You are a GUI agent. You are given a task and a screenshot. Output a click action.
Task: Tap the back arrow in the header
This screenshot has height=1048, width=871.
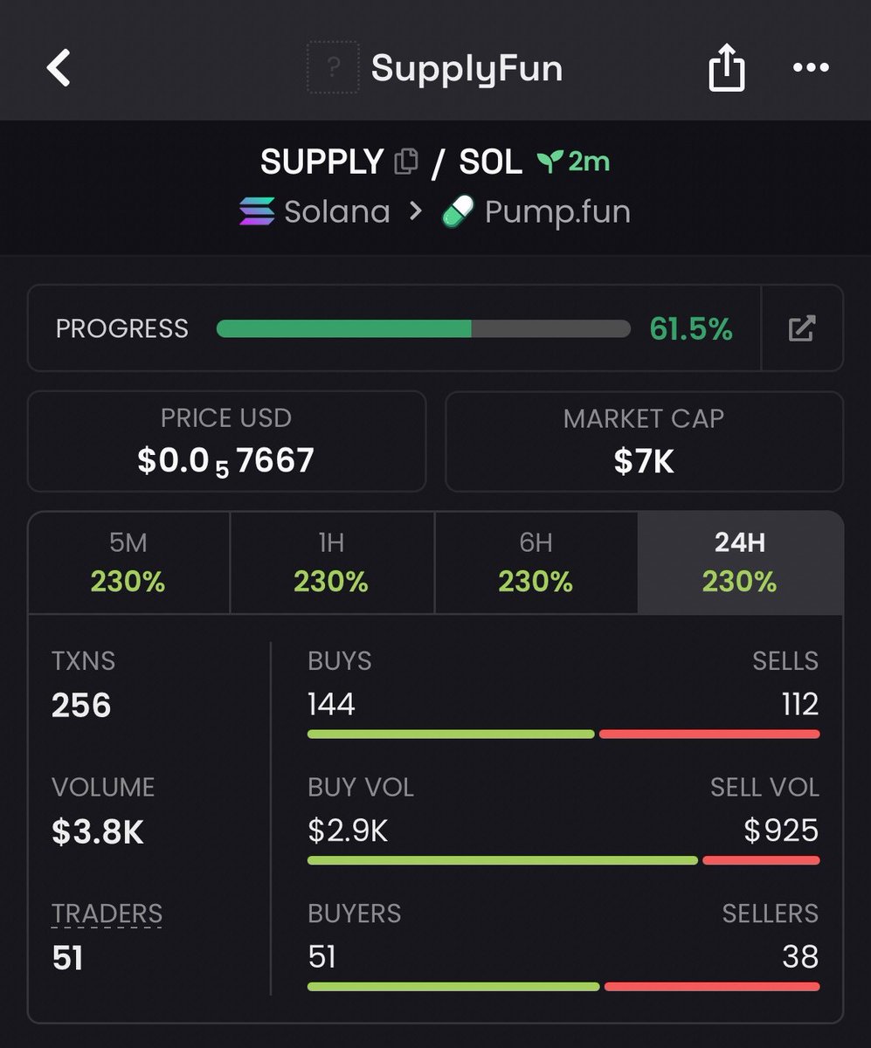click(59, 68)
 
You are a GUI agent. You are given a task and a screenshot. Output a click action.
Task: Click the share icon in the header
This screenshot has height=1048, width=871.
click(727, 67)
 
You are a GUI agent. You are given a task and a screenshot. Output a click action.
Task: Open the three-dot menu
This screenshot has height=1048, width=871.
click(811, 67)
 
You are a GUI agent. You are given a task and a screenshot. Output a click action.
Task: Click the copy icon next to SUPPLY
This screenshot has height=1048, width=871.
click(406, 162)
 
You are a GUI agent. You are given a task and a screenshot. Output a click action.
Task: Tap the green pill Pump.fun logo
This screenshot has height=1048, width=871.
click(457, 211)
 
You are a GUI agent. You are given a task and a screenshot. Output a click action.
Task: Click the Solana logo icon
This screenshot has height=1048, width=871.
click(257, 211)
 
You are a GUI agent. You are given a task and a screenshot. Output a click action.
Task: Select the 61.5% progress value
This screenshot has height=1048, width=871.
click(691, 328)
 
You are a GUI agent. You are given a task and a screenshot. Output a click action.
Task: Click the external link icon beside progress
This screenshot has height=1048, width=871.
click(802, 328)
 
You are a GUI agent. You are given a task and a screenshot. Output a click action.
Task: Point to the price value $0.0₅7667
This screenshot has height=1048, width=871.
click(226, 461)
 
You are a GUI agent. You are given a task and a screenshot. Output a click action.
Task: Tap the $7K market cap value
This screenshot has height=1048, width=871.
click(644, 461)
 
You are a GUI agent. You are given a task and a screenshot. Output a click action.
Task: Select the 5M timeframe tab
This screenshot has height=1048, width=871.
click(129, 562)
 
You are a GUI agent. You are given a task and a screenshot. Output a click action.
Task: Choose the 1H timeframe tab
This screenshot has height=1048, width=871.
click(332, 562)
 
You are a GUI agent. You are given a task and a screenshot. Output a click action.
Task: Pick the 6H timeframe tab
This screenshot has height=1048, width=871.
click(536, 562)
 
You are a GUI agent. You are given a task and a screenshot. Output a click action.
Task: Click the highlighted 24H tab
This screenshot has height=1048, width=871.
click(741, 562)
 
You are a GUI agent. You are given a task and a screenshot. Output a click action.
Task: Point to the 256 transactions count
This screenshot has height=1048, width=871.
click(81, 705)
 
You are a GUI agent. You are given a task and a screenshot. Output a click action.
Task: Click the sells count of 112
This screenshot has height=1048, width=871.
click(800, 704)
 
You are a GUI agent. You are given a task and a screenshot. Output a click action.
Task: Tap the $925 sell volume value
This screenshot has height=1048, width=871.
click(781, 831)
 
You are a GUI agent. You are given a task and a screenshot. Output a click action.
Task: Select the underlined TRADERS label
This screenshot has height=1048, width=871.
click(107, 913)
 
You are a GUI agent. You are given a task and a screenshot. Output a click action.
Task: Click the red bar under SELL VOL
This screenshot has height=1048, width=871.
click(761, 860)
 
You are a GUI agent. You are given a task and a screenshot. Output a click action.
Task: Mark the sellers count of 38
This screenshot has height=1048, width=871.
click(800, 956)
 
